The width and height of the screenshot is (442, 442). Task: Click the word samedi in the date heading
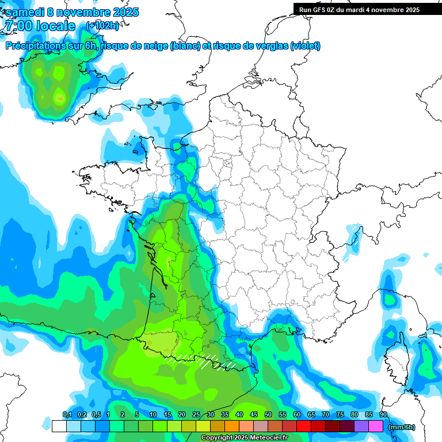coord(25,12)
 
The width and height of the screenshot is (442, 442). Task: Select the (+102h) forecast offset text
coord(102,26)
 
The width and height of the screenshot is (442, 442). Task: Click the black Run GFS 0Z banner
coord(359,9)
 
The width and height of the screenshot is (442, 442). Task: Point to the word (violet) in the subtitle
coord(306,46)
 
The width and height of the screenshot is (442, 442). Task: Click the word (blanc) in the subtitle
coord(185,46)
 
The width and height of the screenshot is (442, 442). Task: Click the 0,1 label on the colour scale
coord(67,415)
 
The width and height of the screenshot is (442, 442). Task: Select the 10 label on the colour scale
coord(153,415)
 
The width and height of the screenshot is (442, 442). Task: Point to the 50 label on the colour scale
coord(268,415)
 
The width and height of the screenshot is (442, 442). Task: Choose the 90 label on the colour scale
coord(383,415)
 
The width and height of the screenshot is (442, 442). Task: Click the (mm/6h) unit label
coord(401,427)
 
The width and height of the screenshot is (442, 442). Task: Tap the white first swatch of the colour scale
coord(59,426)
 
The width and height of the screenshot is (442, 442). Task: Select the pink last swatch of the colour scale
coord(376,426)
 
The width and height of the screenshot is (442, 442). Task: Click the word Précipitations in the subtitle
coord(35,46)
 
